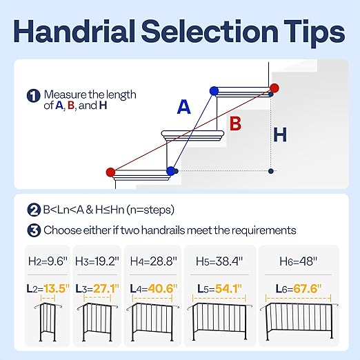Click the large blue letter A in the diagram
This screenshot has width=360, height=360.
tap(183, 107)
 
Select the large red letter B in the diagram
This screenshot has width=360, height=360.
tap(235, 124)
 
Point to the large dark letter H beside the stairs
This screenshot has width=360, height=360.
tap(279, 134)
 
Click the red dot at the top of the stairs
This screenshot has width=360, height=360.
tap(274, 88)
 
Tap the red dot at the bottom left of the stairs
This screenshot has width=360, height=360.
tap(111, 172)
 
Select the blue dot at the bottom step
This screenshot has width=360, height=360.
tap(171, 171)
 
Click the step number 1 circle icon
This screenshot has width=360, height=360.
tap(33, 97)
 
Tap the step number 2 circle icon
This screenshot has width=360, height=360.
tap(33, 210)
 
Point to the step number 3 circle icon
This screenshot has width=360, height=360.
tap(33, 230)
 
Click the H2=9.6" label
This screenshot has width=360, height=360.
tap(47, 263)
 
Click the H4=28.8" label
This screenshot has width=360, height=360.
tap(153, 263)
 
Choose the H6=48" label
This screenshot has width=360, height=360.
tap(299, 263)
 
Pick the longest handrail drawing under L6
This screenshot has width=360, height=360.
tap(299, 323)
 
